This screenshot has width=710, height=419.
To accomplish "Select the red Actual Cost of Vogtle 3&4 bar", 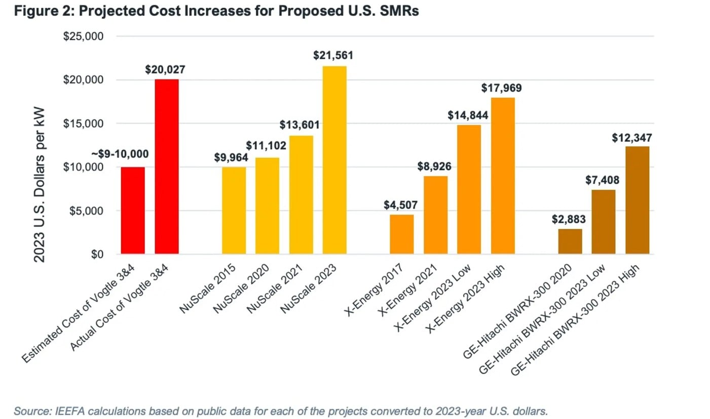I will tap(166, 166).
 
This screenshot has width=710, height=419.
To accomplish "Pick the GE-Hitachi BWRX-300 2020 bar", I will tap(570, 241).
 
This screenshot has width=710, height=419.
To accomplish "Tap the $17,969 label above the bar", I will tap(502, 88).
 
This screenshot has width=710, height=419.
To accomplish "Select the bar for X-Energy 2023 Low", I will tap(469, 189).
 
